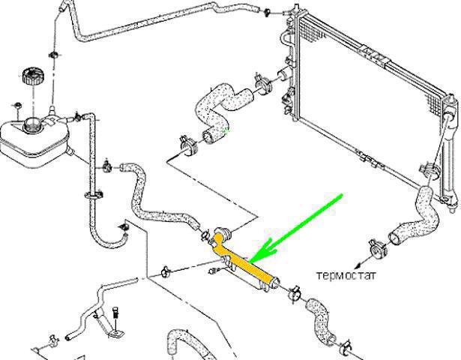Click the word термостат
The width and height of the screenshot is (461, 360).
346,276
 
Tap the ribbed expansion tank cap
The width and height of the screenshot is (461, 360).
33,76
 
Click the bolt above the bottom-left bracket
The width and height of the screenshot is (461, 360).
116,312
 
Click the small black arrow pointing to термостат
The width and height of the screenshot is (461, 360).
362,263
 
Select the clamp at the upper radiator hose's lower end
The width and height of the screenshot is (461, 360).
188,146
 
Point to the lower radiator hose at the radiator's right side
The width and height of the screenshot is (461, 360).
415,217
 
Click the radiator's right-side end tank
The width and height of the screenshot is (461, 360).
451,150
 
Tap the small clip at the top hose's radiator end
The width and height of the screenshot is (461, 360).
268,12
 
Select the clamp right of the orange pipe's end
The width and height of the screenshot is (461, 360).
294,293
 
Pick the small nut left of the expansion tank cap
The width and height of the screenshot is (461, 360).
17,106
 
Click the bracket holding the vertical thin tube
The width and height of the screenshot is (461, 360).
94,195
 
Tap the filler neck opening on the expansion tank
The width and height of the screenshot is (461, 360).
31,124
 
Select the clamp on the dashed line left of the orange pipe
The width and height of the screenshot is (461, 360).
166,271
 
